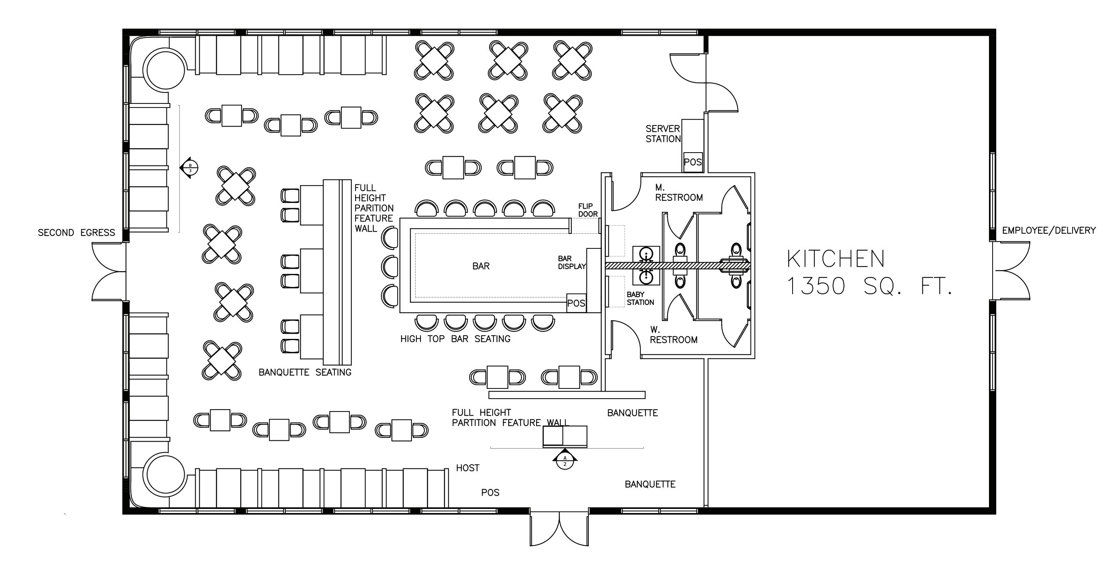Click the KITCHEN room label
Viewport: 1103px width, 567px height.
tap(836, 259)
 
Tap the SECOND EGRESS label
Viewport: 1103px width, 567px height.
tap(76, 233)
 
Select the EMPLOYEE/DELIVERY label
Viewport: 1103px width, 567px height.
tap(1049, 231)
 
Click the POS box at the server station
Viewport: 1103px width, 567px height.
tap(692, 162)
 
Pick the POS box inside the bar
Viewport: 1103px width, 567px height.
tap(576, 303)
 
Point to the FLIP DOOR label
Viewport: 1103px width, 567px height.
tap(588, 210)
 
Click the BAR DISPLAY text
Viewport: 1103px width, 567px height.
tap(572, 263)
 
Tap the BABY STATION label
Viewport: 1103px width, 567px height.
tap(640, 298)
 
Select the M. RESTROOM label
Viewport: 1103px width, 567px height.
tap(679, 193)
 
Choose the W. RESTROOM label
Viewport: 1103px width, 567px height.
tap(674, 335)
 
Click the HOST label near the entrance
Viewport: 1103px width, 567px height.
tap(467, 468)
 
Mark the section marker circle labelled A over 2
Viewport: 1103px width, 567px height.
tap(565, 461)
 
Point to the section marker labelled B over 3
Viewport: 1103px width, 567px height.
tap(190, 168)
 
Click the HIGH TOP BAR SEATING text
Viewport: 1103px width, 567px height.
tap(455, 339)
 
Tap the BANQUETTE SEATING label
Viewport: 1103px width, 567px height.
tap(305, 372)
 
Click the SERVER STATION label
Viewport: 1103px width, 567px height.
tap(663, 134)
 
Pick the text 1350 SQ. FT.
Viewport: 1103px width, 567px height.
tap(869, 286)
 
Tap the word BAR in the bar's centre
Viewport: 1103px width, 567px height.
tap(480, 266)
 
